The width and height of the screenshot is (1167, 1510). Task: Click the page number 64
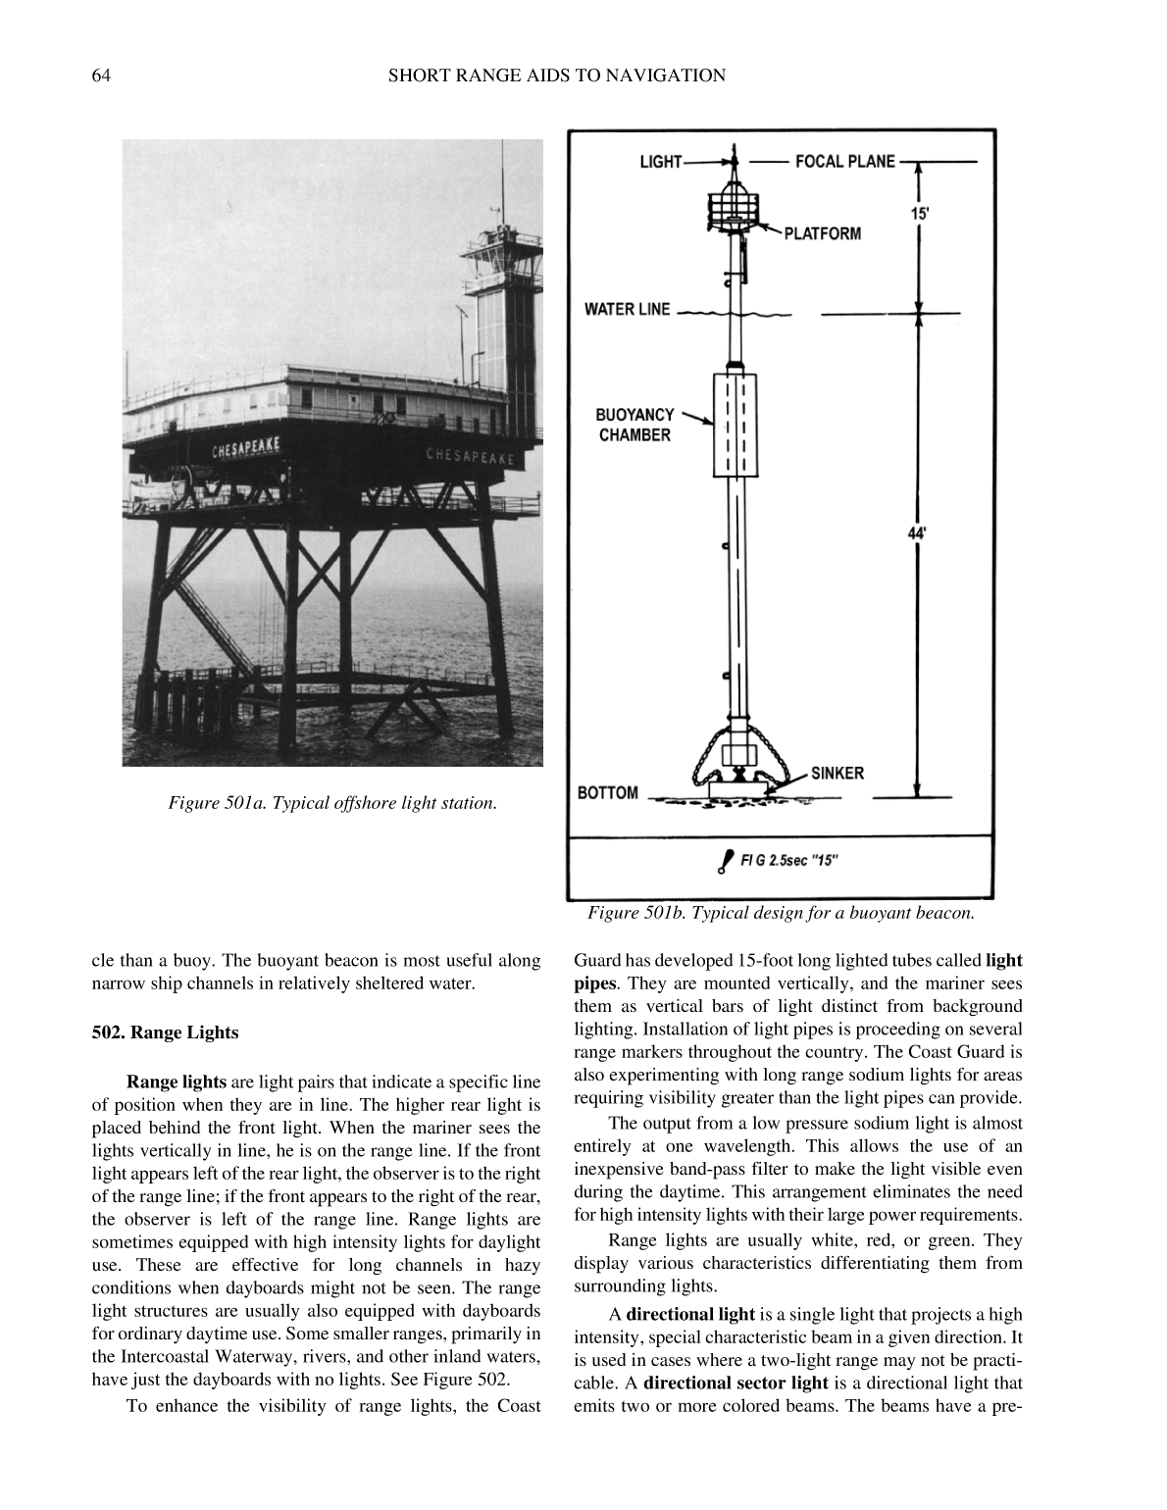[x=100, y=75]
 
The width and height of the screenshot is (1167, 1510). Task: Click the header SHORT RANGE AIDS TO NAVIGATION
[x=556, y=75]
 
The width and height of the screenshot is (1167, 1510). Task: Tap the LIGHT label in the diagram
[x=660, y=162]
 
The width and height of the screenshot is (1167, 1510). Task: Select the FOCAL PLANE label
[x=844, y=162]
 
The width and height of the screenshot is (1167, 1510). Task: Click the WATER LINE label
[x=628, y=310]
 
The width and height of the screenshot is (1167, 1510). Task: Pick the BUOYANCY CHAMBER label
[x=634, y=425]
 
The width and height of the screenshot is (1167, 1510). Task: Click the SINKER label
[x=837, y=773]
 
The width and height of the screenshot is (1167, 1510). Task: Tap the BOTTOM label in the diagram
[x=607, y=792]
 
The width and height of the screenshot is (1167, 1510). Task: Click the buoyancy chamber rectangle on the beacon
[x=735, y=425]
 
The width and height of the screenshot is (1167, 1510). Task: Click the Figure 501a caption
[x=332, y=803]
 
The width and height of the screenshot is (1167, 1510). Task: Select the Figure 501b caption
[x=781, y=913]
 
